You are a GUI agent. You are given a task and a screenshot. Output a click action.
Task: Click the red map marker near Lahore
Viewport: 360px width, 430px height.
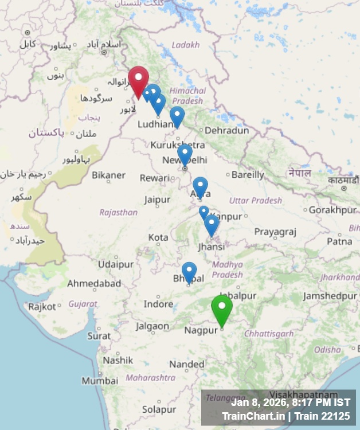[x=138, y=80]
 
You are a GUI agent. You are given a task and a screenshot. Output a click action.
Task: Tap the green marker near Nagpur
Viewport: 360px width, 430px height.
[x=222, y=308]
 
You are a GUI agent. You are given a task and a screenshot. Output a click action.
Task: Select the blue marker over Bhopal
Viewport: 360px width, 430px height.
[x=189, y=272]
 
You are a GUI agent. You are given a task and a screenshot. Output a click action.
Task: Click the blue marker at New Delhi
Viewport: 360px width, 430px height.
[x=185, y=154]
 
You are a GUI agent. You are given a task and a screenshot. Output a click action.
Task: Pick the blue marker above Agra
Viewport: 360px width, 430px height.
[x=200, y=186]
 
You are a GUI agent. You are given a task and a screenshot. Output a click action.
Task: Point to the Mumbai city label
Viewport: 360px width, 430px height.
[x=100, y=381]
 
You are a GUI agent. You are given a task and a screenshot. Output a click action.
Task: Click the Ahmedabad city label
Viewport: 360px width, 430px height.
[x=94, y=284]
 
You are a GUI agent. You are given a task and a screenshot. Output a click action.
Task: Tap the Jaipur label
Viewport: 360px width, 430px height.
[x=157, y=200]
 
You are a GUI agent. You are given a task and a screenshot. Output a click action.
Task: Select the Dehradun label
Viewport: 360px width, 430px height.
[x=227, y=131]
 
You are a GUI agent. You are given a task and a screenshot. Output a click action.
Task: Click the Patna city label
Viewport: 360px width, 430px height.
[x=339, y=241]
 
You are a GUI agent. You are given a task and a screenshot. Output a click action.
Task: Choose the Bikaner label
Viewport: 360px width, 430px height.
[x=108, y=175]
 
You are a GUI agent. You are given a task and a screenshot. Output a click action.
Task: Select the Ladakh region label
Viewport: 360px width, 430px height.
[x=186, y=45]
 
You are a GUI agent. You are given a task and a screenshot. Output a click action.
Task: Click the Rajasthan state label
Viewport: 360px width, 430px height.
[x=118, y=212]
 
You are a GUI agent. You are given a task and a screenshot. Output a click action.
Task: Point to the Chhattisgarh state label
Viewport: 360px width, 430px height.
[x=269, y=334]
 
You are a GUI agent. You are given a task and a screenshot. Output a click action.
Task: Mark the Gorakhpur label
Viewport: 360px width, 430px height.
[x=332, y=210]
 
